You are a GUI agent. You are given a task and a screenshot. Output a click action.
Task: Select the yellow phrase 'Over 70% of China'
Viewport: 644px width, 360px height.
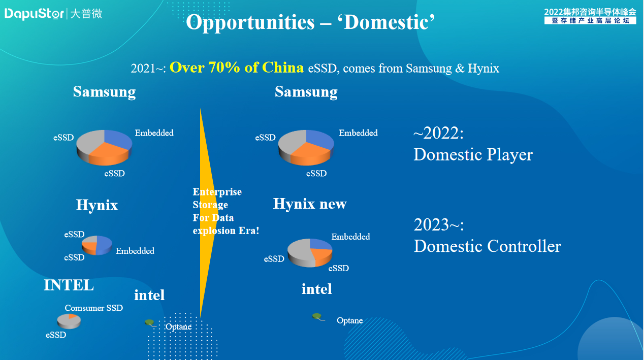click(x=236, y=68)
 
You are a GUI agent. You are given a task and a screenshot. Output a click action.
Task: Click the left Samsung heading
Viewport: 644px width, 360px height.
click(x=104, y=92)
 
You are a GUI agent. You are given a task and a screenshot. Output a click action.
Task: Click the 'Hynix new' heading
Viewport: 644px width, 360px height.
click(x=310, y=204)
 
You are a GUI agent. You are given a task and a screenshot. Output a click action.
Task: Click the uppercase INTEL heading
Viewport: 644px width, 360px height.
click(x=69, y=285)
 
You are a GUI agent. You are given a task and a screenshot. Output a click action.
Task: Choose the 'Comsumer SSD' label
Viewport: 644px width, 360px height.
click(x=94, y=308)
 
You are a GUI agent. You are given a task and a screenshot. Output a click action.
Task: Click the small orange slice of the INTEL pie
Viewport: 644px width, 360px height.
click(x=72, y=316)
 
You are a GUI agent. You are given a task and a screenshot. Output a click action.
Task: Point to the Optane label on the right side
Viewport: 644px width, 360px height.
click(x=349, y=320)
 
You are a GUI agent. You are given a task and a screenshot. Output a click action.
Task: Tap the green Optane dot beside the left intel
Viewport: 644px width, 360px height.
click(x=149, y=322)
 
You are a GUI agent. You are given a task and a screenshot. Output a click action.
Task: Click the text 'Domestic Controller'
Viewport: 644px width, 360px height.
click(x=487, y=246)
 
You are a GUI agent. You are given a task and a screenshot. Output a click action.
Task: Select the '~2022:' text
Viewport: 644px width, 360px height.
click(x=438, y=133)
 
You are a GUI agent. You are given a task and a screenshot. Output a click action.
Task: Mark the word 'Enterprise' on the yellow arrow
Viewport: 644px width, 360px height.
click(x=217, y=192)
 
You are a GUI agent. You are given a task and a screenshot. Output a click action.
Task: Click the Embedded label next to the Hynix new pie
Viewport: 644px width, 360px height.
click(x=350, y=237)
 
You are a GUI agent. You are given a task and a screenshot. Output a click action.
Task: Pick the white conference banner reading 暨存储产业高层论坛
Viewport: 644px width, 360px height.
click(x=590, y=21)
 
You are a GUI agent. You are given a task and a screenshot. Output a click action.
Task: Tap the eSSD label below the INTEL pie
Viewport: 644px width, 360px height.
click(x=56, y=335)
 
